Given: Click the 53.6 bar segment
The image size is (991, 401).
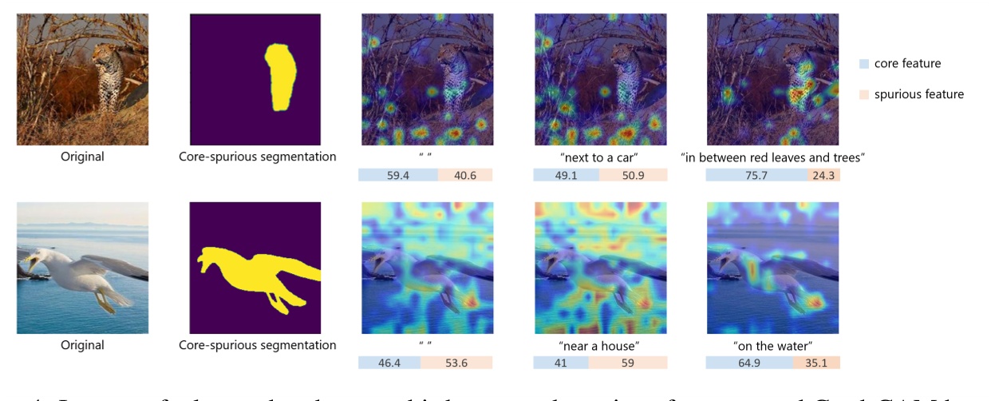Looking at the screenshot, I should point(456,363).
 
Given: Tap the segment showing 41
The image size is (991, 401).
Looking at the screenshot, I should point(561,363).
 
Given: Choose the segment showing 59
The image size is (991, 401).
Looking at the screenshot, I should point(627,363).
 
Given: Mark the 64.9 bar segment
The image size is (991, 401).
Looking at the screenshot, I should point(749,363).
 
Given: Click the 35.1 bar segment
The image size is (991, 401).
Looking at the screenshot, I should point(817,363).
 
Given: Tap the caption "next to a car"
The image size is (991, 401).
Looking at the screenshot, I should point(599,157).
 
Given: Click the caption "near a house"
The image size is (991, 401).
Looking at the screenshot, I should point(599,345).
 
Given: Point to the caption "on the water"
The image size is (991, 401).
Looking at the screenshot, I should point(772,345).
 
